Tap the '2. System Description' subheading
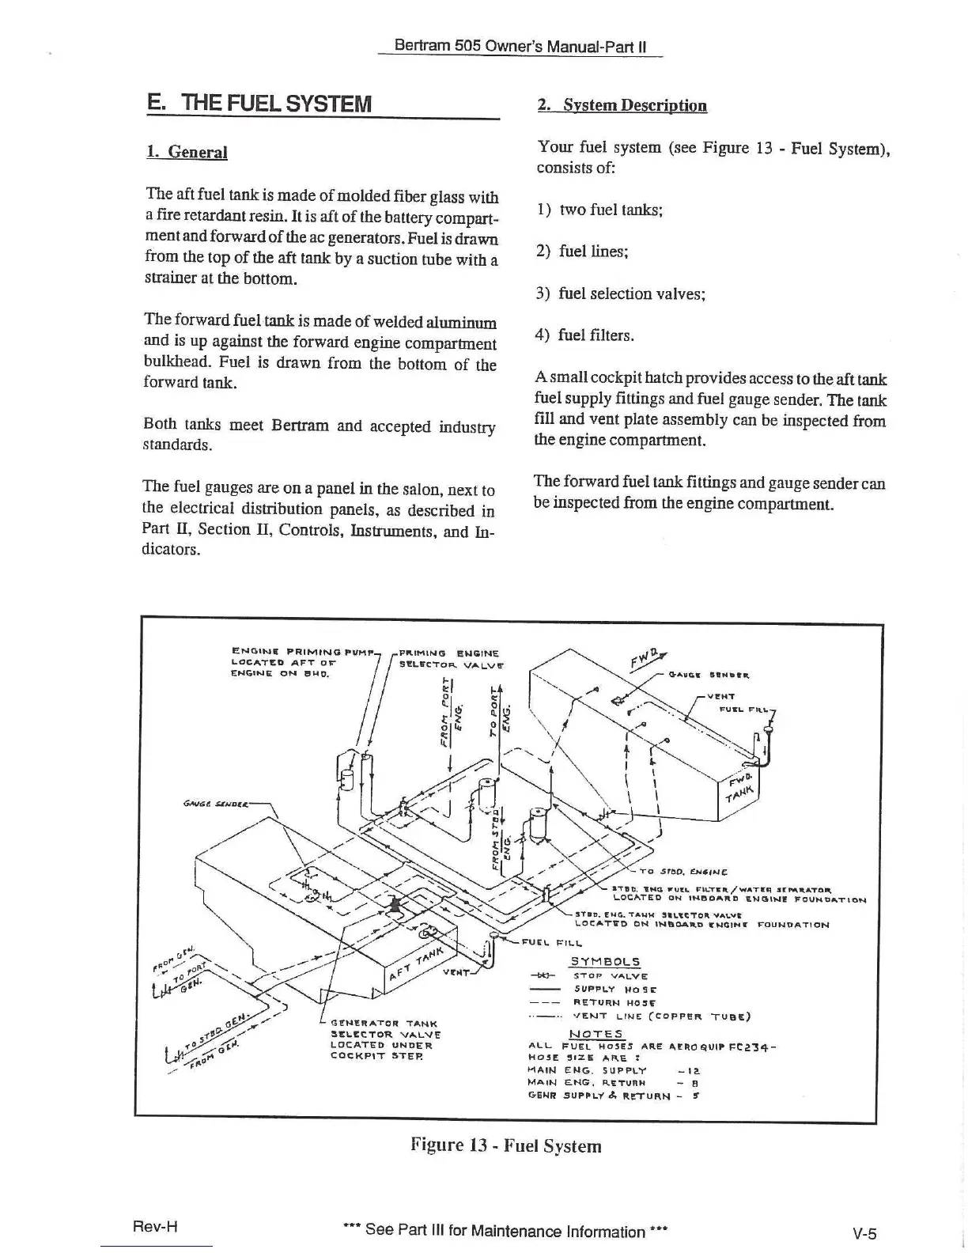[x=622, y=105]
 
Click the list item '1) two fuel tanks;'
[x=599, y=210]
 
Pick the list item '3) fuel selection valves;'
[x=620, y=293]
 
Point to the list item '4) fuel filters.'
[x=585, y=335]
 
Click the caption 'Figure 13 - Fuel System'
[x=505, y=1145]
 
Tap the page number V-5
[x=864, y=1232]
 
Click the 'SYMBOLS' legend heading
[x=605, y=962]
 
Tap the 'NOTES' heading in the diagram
[x=596, y=1034]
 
